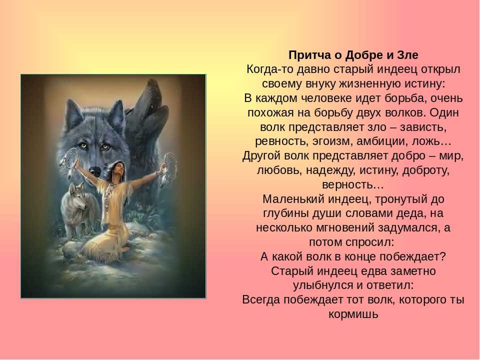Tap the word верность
coord(348,185)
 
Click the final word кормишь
coord(353,314)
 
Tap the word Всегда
coord(261,299)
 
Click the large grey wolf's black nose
coord(95,170)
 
